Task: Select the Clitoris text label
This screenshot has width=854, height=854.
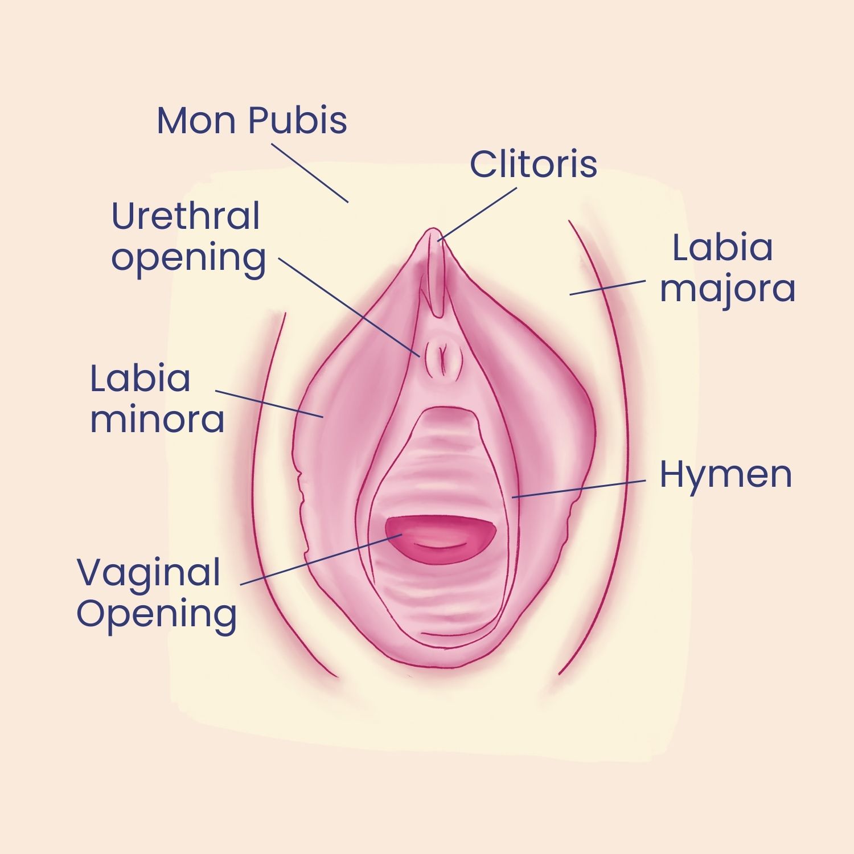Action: tap(533, 164)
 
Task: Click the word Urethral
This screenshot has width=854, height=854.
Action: tap(186, 216)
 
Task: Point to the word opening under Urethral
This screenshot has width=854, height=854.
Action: tap(188, 259)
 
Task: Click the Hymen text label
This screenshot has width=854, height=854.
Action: tap(725, 474)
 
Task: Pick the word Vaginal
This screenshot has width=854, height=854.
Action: tap(149, 573)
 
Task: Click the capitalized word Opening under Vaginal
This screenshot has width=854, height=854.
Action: tap(157, 615)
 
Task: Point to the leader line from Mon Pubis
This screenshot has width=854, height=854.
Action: tap(310, 173)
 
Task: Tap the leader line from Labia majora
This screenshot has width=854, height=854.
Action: tap(607, 288)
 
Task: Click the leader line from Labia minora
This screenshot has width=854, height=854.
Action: tap(269, 404)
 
